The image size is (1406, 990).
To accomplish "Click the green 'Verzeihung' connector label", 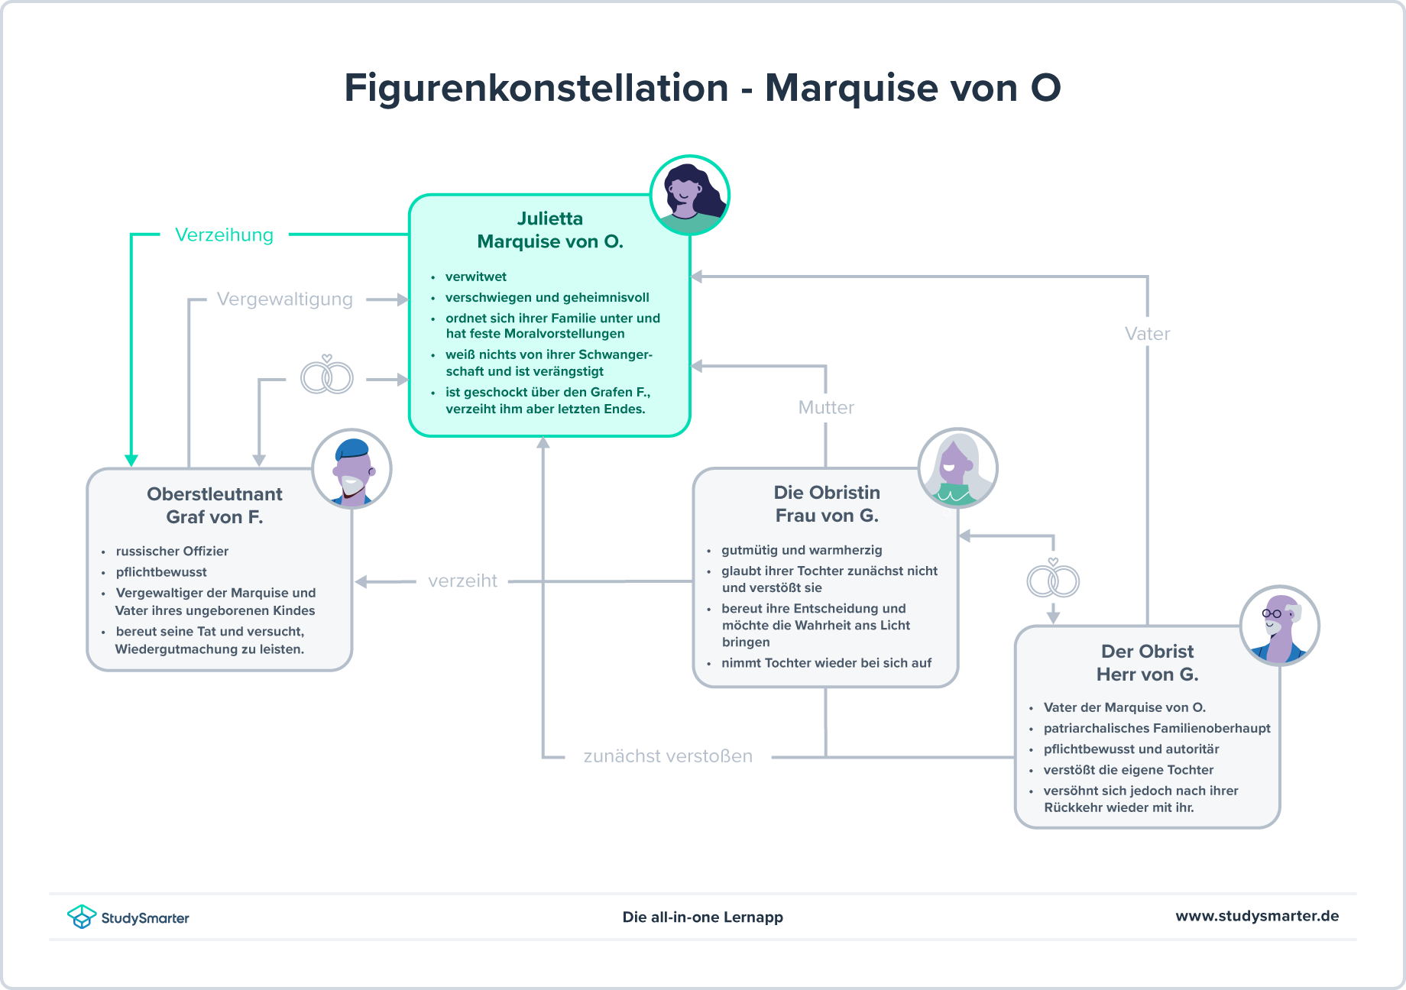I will [224, 235].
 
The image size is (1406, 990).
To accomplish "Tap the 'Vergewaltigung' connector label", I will [284, 299].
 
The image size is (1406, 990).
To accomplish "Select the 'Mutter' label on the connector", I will [826, 407].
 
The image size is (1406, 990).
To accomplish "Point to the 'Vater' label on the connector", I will [1147, 333].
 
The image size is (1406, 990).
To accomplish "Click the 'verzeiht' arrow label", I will [462, 581].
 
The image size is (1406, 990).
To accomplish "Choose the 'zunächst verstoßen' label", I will [668, 755].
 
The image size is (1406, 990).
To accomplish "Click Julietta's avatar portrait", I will [690, 196].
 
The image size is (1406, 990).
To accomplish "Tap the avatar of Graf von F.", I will [351, 469].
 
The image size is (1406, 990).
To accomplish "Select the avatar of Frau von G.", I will [957, 467].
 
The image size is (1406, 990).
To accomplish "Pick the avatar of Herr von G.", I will [1279, 625].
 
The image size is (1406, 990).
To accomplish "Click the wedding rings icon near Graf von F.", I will [327, 376].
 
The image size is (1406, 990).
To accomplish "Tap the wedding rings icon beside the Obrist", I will [1053, 580].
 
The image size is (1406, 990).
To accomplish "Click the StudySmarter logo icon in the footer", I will [82, 917].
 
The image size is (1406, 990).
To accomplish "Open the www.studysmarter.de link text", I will [1257, 916].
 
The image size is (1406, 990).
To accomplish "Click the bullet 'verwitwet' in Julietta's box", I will [475, 277].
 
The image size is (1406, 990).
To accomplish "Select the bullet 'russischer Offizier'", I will [172, 551].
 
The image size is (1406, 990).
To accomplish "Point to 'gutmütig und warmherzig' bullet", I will [802, 550].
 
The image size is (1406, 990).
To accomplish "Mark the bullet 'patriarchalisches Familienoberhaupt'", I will [1157, 728].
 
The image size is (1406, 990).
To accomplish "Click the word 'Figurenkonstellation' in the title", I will [536, 88].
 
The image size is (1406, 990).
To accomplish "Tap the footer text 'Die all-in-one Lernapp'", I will [702, 917].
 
